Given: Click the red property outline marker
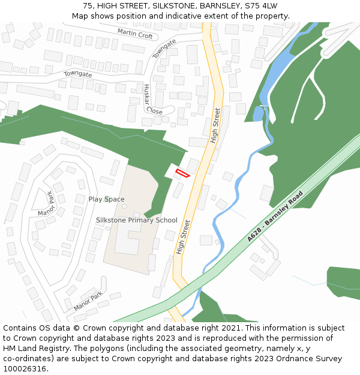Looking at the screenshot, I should coord(182,173).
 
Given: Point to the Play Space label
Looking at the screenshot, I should coord(107,199).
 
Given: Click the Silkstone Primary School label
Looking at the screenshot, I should coord(137,220).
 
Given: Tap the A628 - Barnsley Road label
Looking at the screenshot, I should coord(276,217).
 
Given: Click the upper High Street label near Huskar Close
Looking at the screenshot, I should coord(216,125).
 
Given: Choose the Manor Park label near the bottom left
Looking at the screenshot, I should coord(88,300).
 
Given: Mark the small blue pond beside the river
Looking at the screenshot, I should coord(259,113).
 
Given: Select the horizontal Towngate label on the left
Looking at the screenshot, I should coord(78,74).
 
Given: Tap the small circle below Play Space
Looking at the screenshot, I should coord(124,206).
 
